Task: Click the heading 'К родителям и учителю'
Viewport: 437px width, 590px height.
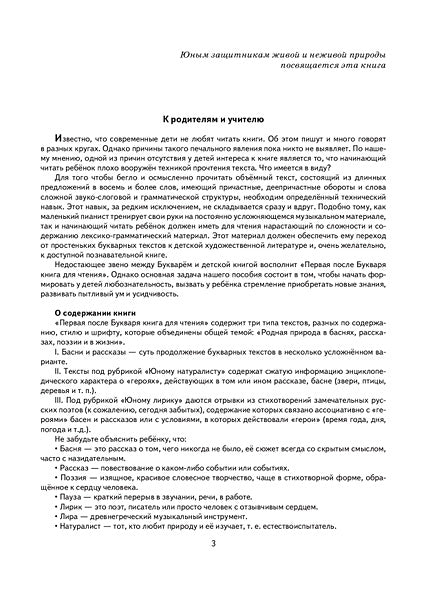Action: click(218, 118)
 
